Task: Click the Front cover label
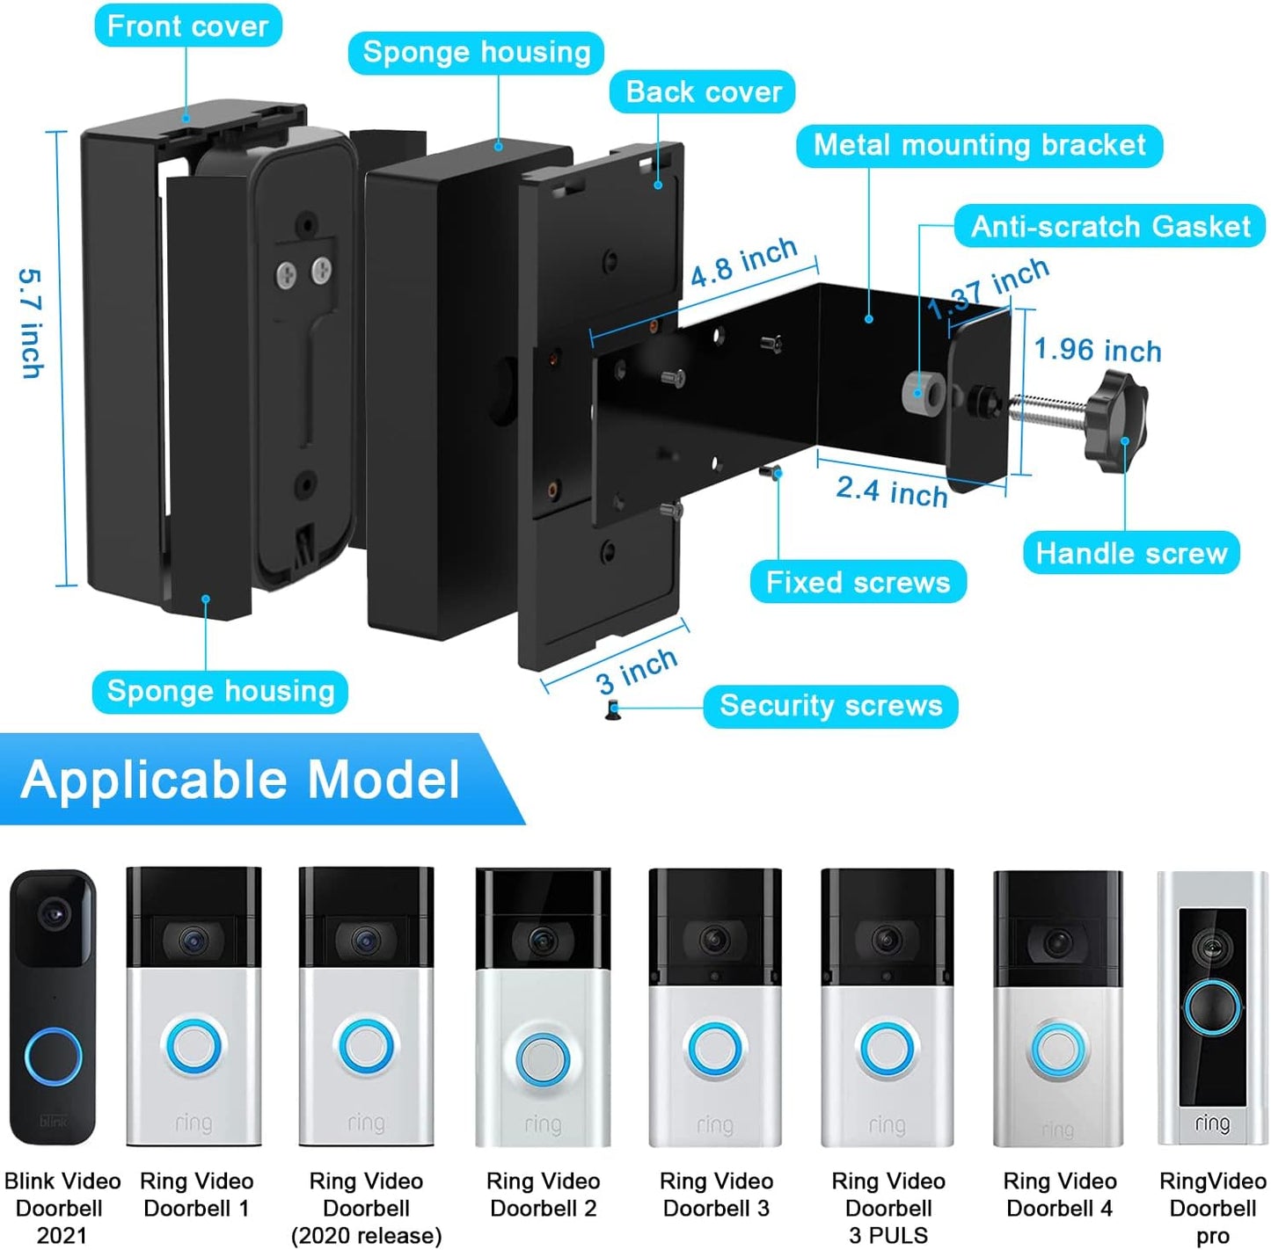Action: tap(187, 25)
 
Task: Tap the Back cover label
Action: tap(703, 91)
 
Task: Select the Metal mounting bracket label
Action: tap(979, 145)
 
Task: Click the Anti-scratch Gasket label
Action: tap(1110, 226)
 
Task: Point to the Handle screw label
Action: tap(1131, 553)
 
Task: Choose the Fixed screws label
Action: tap(858, 582)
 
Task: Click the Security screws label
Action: tap(830, 705)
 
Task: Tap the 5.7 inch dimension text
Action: tap(31, 323)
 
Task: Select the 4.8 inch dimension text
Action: tap(743, 262)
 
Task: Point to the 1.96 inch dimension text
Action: tap(1097, 350)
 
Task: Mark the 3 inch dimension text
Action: tap(636, 671)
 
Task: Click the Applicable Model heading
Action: tap(240, 779)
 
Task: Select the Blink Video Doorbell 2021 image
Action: tap(53, 1007)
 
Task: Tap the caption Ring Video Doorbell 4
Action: tap(1059, 1194)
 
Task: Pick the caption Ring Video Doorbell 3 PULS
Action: tap(888, 1207)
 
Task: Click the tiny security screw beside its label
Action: tap(613, 709)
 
